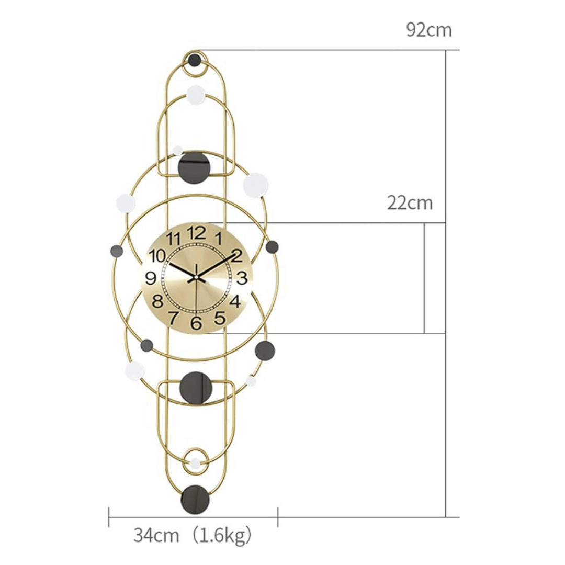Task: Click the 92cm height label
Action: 429,30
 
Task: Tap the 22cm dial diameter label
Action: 410,203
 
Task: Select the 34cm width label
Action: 156,536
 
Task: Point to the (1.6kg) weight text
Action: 221,536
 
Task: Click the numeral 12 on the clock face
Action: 196,233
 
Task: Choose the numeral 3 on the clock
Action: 242,278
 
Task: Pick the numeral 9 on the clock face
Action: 151,278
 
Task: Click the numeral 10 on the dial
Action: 157,256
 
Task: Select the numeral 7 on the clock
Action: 173,318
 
